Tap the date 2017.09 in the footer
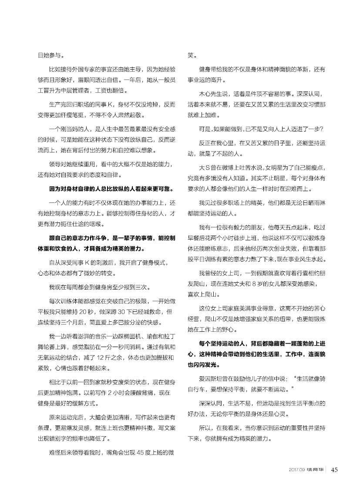[296, 470]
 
